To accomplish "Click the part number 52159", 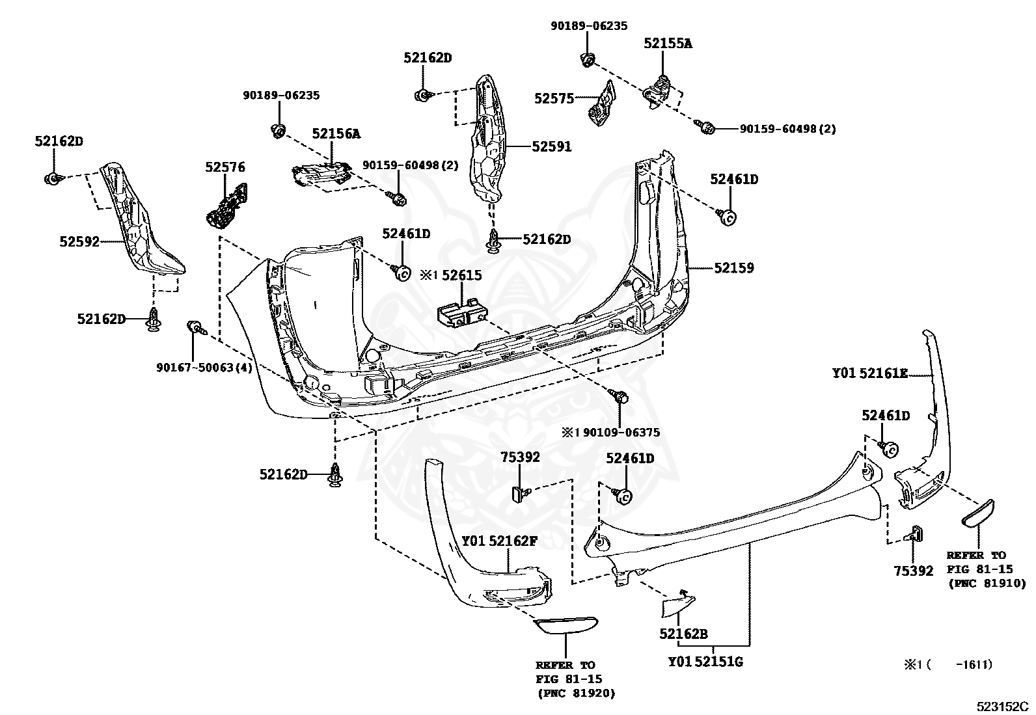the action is point(734,268).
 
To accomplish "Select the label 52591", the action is point(552,146).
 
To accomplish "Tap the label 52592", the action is point(79,241).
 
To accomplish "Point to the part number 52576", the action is point(225,167).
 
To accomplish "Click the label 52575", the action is point(554,98).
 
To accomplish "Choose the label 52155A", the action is point(668,44).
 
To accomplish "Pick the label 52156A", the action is point(336,133).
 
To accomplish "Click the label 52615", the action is point(461,275).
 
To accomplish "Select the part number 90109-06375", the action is point(621,433).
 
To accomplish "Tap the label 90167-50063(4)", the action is point(204,368).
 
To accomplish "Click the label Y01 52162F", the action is point(500,541).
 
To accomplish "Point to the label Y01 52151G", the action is point(705,662).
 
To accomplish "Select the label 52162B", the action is point(683,634).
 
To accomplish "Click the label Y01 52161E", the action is point(871,373).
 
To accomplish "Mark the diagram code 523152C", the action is point(1003,707).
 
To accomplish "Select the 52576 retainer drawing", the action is point(226,206).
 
